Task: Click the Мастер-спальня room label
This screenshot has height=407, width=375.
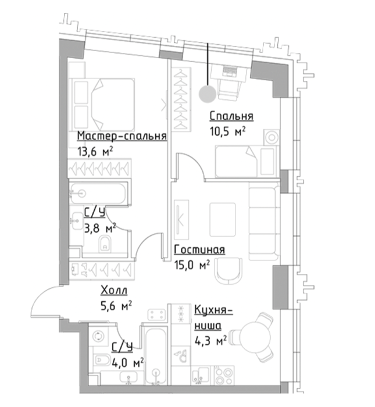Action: click(122, 136)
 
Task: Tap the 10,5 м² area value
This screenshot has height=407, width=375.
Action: click(227, 131)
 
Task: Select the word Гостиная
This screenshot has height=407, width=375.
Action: click(199, 249)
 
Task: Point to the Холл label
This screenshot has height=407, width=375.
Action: click(114, 291)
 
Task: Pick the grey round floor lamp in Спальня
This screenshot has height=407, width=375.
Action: click(208, 94)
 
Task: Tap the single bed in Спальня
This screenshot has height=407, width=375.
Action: click(247, 162)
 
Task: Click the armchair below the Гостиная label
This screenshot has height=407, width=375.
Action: click(228, 272)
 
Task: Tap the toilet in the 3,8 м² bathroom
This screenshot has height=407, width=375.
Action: click(105, 244)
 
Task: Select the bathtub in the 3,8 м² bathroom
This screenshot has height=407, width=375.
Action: click(98, 194)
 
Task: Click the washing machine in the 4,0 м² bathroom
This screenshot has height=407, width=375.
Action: click(99, 336)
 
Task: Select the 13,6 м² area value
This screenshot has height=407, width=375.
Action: click(95, 151)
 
